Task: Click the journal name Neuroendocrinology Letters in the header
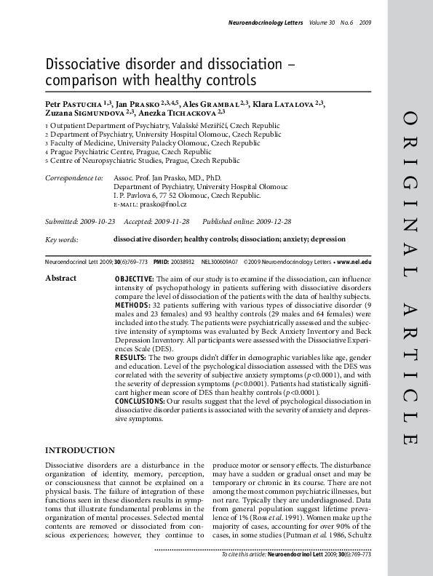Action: [x=261, y=23]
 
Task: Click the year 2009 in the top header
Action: [x=365, y=23]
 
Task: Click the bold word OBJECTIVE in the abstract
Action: [x=134, y=279]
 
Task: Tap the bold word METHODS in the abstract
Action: [x=132, y=306]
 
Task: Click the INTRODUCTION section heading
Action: [x=80, y=451]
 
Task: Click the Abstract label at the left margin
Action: [x=61, y=279]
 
